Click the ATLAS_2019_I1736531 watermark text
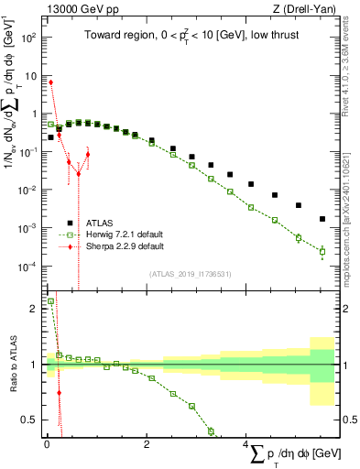(190, 274)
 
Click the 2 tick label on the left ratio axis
(33, 309)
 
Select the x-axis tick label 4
(245, 444)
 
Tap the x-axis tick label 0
(46, 444)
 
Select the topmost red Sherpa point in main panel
(51, 82)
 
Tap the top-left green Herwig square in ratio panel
(51, 300)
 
